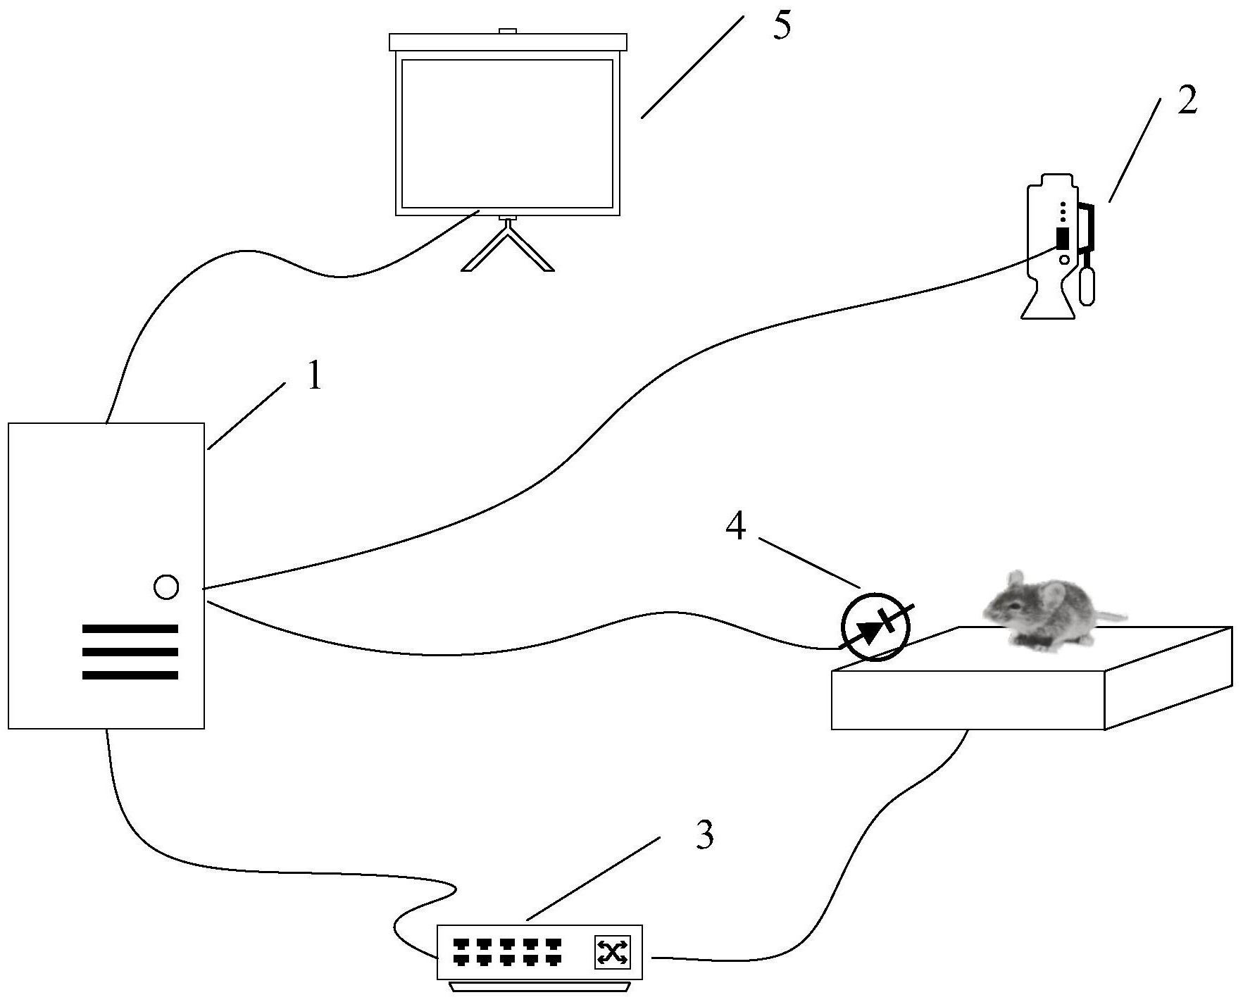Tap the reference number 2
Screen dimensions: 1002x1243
[x=1187, y=102]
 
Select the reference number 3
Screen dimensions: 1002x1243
[x=704, y=835]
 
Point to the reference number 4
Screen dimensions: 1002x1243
[x=735, y=527]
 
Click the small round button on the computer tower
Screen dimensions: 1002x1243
[x=166, y=587]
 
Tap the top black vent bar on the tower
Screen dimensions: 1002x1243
[x=130, y=628]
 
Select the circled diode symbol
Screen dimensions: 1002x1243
[x=876, y=627]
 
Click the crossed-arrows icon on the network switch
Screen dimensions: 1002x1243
[x=612, y=953]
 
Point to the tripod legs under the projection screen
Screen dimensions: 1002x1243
[x=507, y=250]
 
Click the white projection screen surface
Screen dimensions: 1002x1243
[x=507, y=134]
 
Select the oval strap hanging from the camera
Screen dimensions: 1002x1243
[x=1087, y=284]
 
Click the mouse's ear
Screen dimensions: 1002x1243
[x=1054, y=596]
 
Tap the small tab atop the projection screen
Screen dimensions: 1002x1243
[x=508, y=31]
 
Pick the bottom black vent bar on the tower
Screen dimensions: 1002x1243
[x=130, y=675]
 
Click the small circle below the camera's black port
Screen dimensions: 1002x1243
[x=1064, y=260]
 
